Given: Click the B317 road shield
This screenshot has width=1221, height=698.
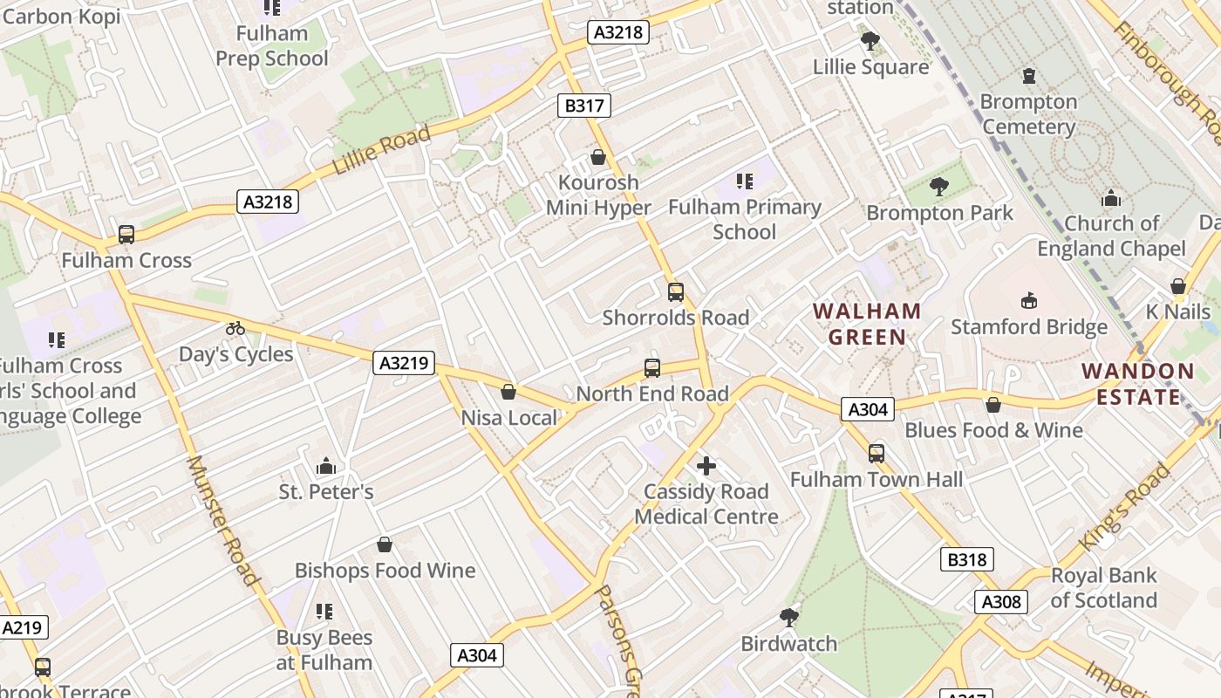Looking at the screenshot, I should pyautogui.click(x=583, y=106).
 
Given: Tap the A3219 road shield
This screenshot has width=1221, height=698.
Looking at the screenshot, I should pyautogui.click(x=404, y=363).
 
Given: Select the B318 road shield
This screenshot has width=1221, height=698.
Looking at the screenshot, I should pyautogui.click(x=967, y=559).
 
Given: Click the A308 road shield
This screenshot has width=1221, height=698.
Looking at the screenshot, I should pyautogui.click(x=1000, y=601).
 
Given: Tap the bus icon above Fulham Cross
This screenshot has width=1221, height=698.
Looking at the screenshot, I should pyautogui.click(x=126, y=235).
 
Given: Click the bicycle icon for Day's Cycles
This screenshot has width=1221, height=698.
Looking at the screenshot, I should pyautogui.click(x=235, y=329).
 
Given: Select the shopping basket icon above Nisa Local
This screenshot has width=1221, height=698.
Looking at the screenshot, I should pyautogui.click(x=508, y=393).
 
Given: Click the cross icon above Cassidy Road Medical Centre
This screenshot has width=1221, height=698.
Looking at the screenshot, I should pyautogui.click(x=706, y=466).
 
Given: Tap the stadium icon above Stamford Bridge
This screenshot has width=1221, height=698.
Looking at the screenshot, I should pyautogui.click(x=1029, y=301).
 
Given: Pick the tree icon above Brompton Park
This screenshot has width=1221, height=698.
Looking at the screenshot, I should pyautogui.click(x=939, y=186).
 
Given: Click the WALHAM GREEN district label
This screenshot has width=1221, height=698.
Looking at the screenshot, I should pyautogui.click(x=867, y=324).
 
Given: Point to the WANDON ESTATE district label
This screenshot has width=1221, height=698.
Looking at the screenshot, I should pyautogui.click(x=1138, y=384).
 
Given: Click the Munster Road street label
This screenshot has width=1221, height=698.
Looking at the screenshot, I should pyautogui.click(x=224, y=521).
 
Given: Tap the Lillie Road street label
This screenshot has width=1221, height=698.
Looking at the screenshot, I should pyautogui.click(x=381, y=151).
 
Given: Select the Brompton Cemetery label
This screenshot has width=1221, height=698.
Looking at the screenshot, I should pyautogui.click(x=1028, y=114).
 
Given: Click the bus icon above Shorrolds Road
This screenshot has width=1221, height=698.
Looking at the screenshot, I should pyautogui.click(x=676, y=292).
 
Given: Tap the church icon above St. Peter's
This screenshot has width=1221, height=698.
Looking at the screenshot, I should pyautogui.click(x=326, y=466).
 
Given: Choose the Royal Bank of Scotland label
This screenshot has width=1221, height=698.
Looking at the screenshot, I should pyautogui.click(x=1103, y=588).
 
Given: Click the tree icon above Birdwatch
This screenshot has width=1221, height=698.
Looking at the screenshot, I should pyautogui.click(x=789, y=618).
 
